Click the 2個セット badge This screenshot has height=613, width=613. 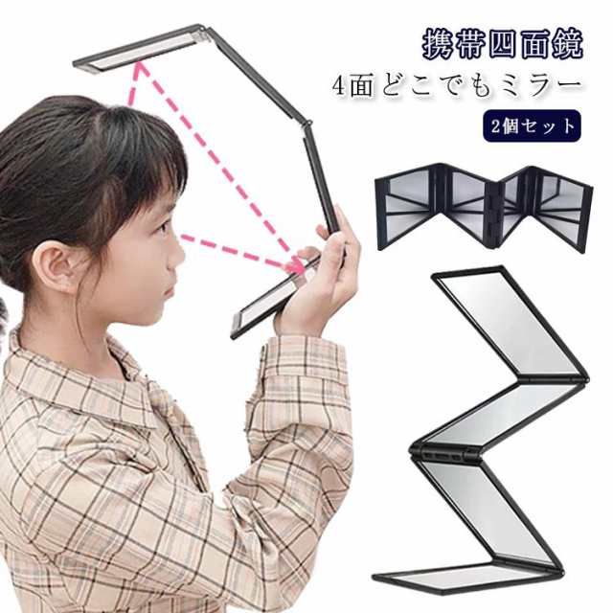[532, 125]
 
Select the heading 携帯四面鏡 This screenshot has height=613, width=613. [503, 45]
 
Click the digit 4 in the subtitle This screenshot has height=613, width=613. [340, 87]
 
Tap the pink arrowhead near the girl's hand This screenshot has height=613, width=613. [297, 266]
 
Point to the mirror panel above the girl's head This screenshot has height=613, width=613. [138, 49]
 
